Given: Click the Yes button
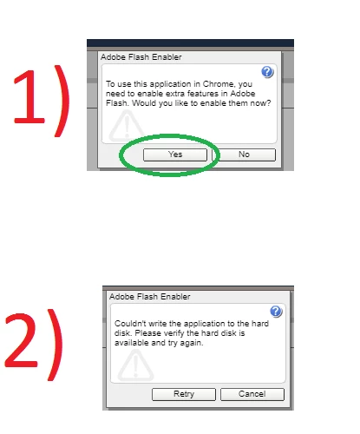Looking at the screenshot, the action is [x=175, y=155].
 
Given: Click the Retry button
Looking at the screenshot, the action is [x=184, y=394].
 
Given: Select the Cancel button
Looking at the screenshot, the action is [x=252, y=394].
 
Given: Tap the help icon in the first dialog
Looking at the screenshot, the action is [x=267, y=72].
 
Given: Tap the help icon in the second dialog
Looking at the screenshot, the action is [x=276, y=312].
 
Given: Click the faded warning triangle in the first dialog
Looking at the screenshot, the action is [x=127, y=126].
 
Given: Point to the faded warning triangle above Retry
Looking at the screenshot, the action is [x=135, y=365].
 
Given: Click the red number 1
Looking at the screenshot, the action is [x=29, y=98].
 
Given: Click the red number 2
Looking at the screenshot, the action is [x=21, y=341].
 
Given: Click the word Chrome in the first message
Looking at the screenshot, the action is [x=219, y=84].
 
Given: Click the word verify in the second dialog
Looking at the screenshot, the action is [x=174, y=333].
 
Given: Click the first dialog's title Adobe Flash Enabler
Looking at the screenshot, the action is [x=141, y=57].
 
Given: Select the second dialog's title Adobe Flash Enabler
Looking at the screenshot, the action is [x=150, y=297].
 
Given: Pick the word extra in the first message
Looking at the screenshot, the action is [x=175, y=94].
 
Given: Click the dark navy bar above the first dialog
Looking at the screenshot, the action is [x=190, y=43].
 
